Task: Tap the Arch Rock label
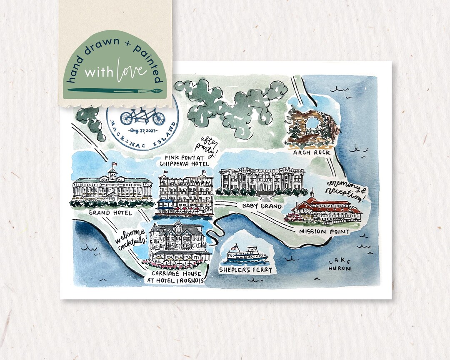(312, 153)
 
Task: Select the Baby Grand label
(262, 206)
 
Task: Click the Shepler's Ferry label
(245, 270)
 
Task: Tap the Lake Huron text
(339, 265)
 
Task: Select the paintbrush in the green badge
(115, 90)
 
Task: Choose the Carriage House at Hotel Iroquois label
(175, 277)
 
